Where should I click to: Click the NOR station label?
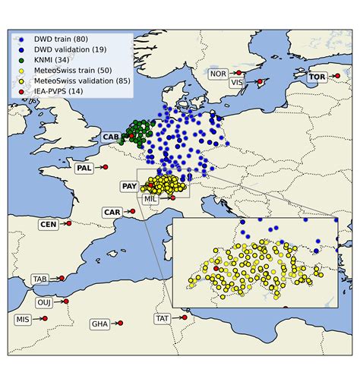click(x=218, y=74)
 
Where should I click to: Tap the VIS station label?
click(x=238, y=82)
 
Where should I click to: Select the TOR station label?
click(x=317, y=77)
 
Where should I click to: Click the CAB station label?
click(x=111, y=137)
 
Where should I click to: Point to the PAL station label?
click(x=84, y=168)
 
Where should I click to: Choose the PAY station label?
click(x=129, y=186)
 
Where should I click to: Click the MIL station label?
click(x=150, y=198)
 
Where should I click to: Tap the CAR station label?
click(x=112, y=213)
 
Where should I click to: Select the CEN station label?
click(x=48, y=224)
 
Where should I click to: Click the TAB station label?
click(x=40, y=279)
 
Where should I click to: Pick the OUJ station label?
click(x=44, y=302)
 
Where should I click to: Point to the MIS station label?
click(x=23, y=320)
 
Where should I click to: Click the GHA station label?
click(x=99, y=323)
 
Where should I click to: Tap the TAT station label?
click(x=163, y=319)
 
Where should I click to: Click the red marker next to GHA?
click(x=120, y=323)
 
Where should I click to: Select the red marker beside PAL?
click(x=105, y=167)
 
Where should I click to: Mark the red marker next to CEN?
click(x=68, y=223)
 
